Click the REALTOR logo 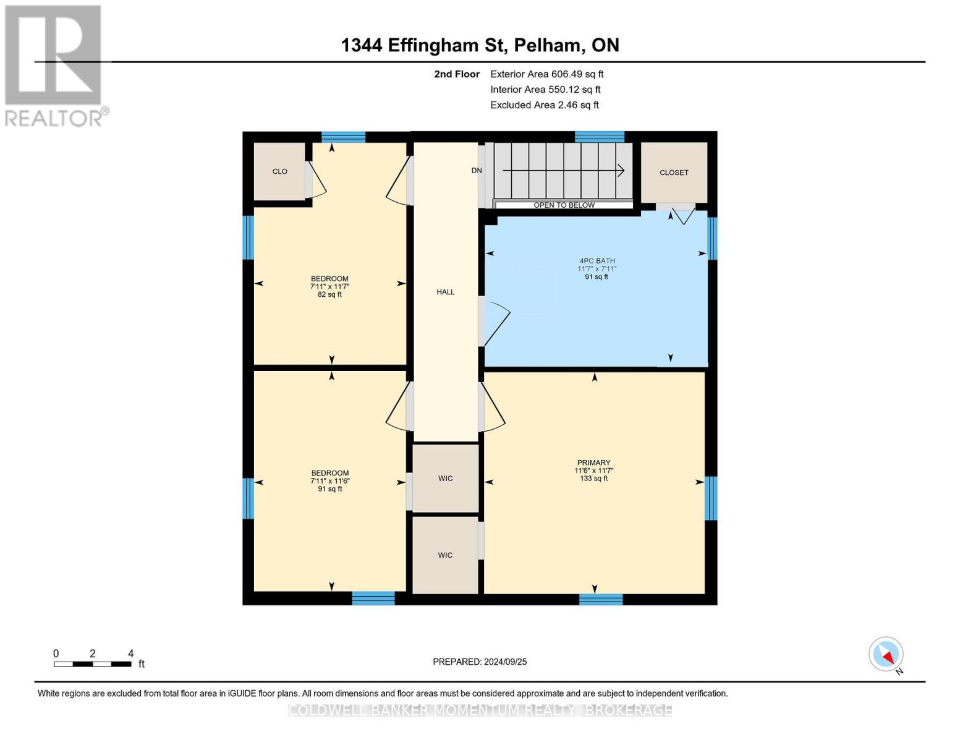(x=54, y=65)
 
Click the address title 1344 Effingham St (x=480, y=45)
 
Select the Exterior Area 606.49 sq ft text (x=546, y=74)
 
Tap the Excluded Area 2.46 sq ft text (x=544, y=105)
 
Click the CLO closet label (x=279, y=171)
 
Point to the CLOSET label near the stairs (x=673, y=173)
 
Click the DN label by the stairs (x=476, y=170)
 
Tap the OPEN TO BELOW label (x=564, y=205)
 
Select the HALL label (x=445, y=292)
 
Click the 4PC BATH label (x=597, y=261)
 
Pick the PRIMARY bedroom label (x=593, y=463)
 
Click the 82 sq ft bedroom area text (x=329, y=295)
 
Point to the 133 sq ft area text (x=593, y=479)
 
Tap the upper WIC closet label (x=445, y=478)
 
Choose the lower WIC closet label (x=445, y=555)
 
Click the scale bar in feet (x=93, y=664)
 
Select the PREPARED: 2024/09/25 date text (x=480, y=662)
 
